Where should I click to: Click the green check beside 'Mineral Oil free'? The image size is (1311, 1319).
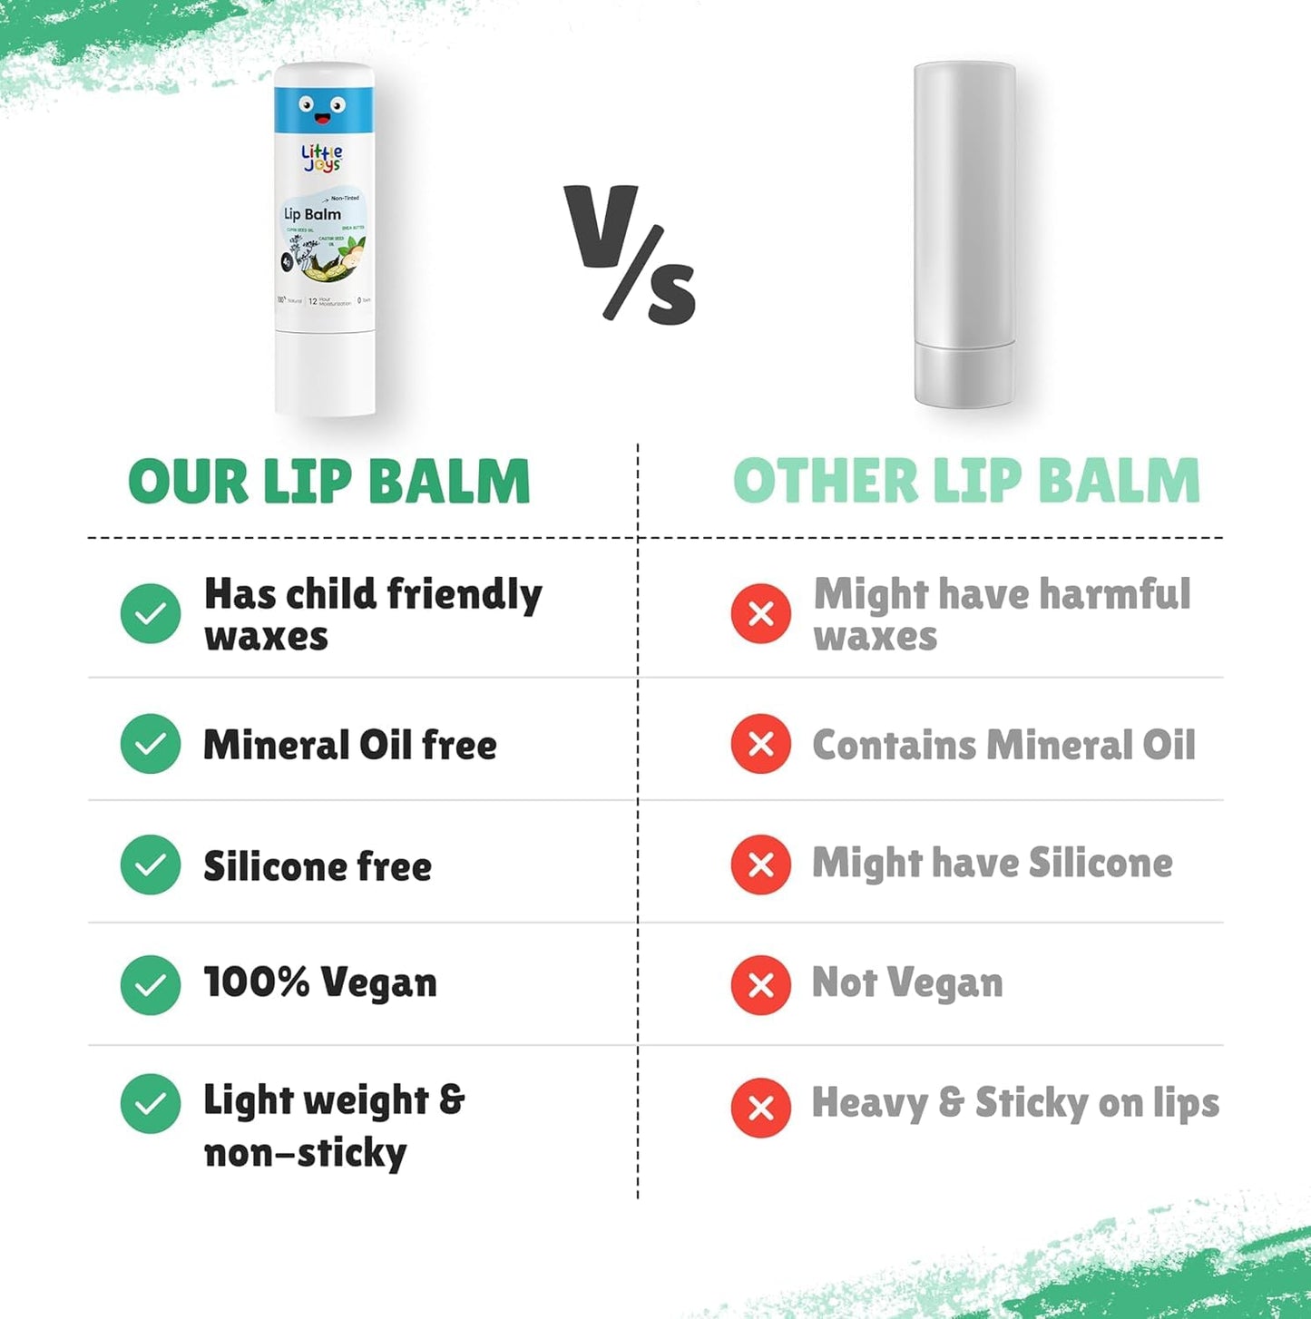coord(151,744)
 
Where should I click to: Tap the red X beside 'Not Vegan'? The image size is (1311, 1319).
coord(761,985)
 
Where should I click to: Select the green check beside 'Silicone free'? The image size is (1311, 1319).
coord(151,865)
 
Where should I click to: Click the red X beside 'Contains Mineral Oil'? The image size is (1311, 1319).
coord(761,744)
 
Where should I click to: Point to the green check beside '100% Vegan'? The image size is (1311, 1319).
coord(151,985)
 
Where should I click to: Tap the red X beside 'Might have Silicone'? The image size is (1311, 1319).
coord(761,865)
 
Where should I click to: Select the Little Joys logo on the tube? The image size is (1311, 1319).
coord(322,158)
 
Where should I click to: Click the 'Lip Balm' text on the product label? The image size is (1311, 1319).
coord(312,215)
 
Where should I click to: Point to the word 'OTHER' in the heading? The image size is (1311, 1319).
coord(826,481)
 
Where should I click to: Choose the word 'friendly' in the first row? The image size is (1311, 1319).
coord(464,596)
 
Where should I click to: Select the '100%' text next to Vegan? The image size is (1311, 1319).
coord(257,982)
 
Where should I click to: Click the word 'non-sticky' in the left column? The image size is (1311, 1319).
coord(305,1154)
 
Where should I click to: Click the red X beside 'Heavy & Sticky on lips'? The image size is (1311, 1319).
coord(761,1108)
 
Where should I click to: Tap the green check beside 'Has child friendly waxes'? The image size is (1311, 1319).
coord(151,614)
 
